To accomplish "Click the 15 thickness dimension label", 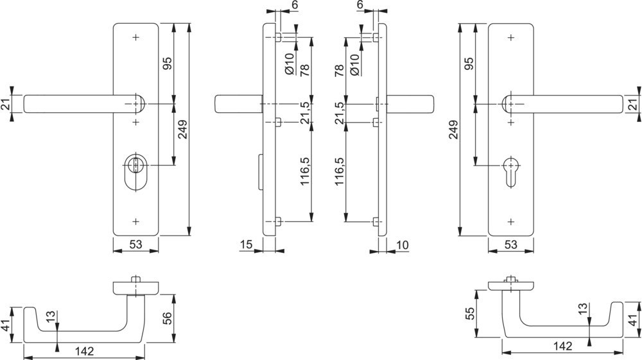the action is pos(246,244).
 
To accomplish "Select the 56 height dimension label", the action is pos(168,318).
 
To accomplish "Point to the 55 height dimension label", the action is pos(471,314).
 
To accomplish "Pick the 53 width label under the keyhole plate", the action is pos(510,244).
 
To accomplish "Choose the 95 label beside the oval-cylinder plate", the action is pos(168,63).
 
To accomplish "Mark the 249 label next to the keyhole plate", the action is pos(454,129).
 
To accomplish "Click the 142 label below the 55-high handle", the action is pos(562,346).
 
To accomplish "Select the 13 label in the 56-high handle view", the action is pos(50,316).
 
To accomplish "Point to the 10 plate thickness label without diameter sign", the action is pos(403,244).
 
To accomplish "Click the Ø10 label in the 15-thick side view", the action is pos(289,64).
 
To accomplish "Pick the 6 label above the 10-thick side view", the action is pos(360,5).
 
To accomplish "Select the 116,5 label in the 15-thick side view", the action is pos(305,171).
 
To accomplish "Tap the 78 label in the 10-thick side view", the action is pos(339,70).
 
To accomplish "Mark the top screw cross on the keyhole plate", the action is pos(510,38).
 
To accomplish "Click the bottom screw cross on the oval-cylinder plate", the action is pos(135,222).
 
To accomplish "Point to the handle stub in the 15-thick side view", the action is pos(238,104).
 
